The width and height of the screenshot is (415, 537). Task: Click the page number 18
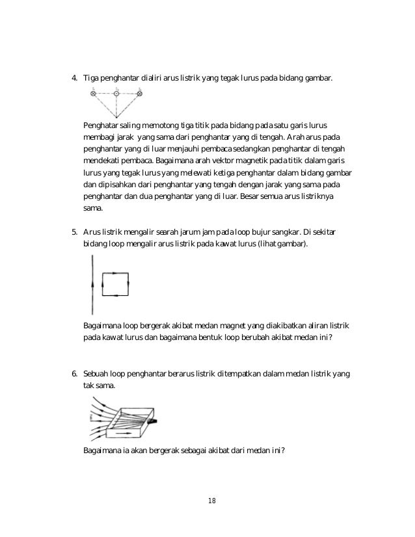coord(211,500)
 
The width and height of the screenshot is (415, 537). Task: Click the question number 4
coord(74,79)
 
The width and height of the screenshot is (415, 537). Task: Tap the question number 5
coord(74,231)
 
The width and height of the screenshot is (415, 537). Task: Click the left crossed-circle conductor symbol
coord(93,94)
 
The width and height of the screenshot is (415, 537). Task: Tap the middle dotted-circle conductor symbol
coord(116,94)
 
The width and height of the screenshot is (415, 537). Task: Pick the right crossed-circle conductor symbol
coord(140,94)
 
